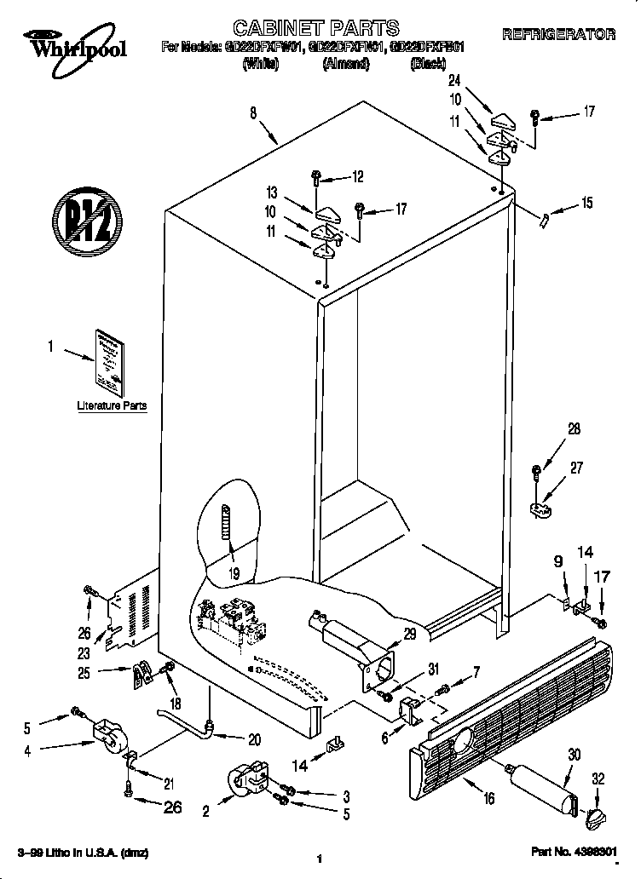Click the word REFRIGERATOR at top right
pyautogui.click(x=558, y=35)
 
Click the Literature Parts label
pyautogui.click(x=112, y=405)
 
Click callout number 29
pyautogui.click(x=410, y=633)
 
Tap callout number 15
pyautogui.click(x=586, y=203)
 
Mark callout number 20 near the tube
pyautogui.click(x=255, y=739)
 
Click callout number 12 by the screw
pyautogui.click(x=357, y=177)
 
